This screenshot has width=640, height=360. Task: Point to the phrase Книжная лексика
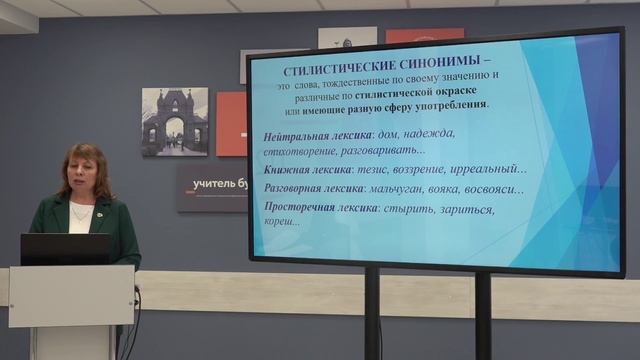(303, 169)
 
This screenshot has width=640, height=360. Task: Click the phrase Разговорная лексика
(313, 188)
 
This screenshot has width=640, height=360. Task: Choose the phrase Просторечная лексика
(320, 208)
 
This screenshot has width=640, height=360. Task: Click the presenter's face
(83, 171)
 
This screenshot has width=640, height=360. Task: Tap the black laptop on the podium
(65, 249)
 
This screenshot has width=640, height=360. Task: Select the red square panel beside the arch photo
(231, 124)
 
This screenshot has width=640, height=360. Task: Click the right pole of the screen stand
(483, 315)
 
